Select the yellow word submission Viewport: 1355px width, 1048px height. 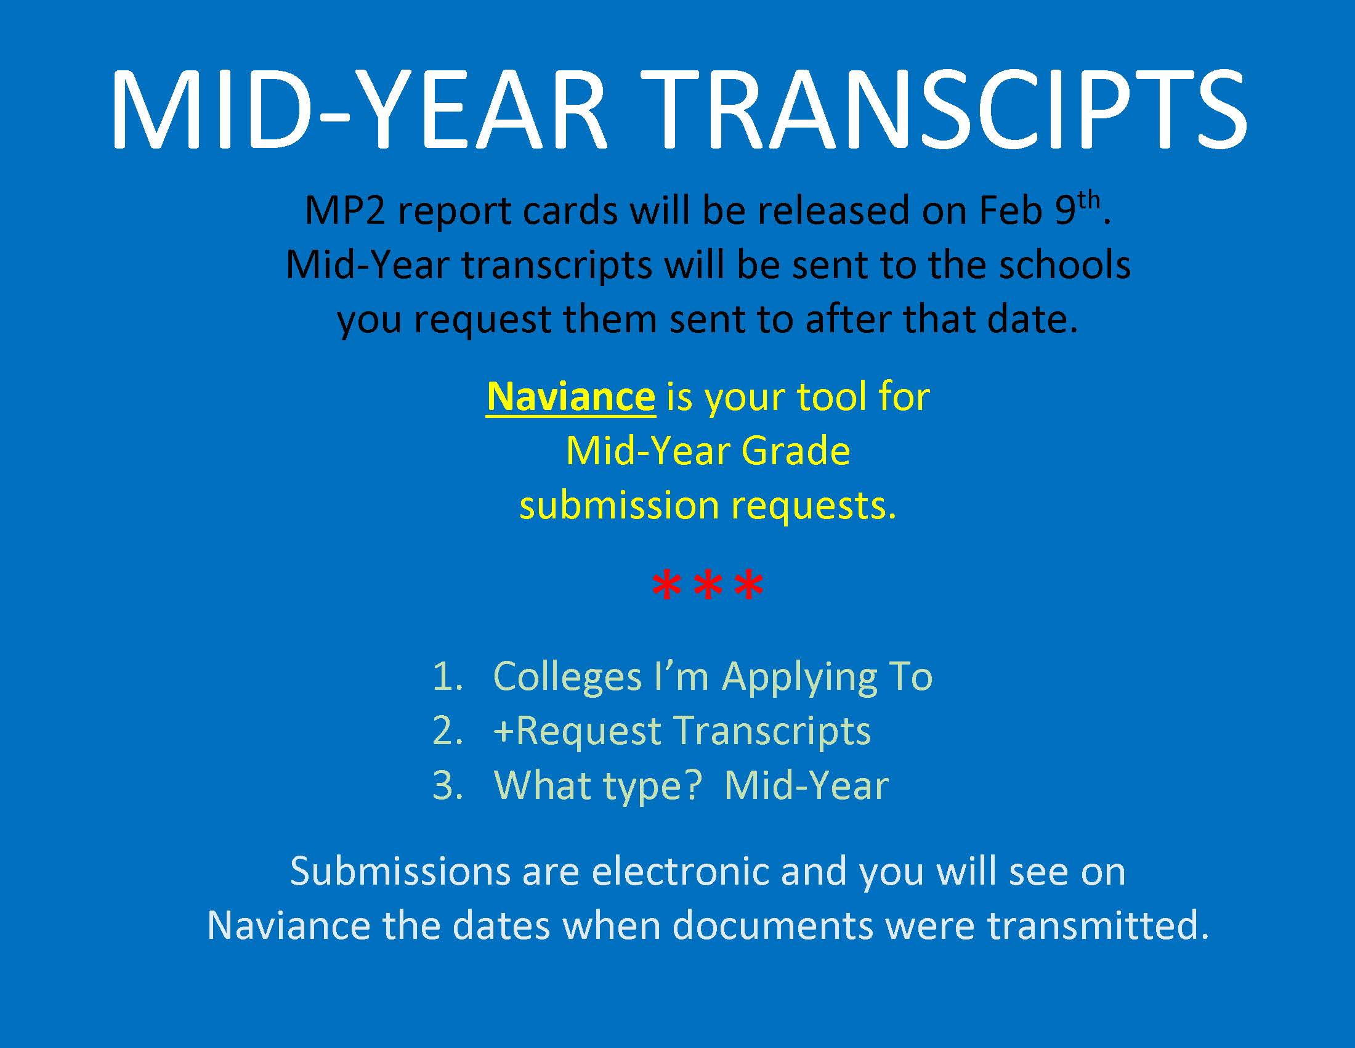[x=618, y=506]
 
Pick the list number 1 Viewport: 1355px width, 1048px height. [x=447, y=676]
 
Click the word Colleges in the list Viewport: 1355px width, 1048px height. [x=567, y=678]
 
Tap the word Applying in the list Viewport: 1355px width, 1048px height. [x=800, y=678]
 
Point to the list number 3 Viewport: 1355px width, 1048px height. [x=447, y=786]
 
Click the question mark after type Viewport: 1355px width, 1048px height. [x=692, y=785]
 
